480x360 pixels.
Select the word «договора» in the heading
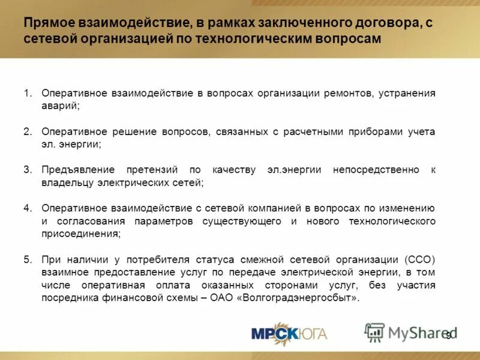tap(349, 23)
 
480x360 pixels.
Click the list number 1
tap(27, 94)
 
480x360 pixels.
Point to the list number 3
tap(27, 170)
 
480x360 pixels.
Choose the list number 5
tap(27, 259)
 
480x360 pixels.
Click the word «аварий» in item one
tap(59, 106)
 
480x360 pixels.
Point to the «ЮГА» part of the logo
tap(310, 334)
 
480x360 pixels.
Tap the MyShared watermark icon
tap(375, 332)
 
